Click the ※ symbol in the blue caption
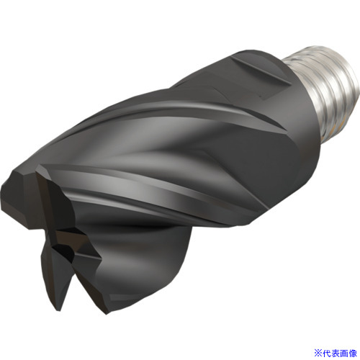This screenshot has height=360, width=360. tap(318, 353)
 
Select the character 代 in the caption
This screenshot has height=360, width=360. tap(326, 353)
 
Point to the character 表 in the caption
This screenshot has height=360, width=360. tap(335, 353)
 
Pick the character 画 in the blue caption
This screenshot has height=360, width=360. tap(343, 353)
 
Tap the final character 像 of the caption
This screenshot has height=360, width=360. tap(353, 353)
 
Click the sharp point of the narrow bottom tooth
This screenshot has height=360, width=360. tap(60, 310)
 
